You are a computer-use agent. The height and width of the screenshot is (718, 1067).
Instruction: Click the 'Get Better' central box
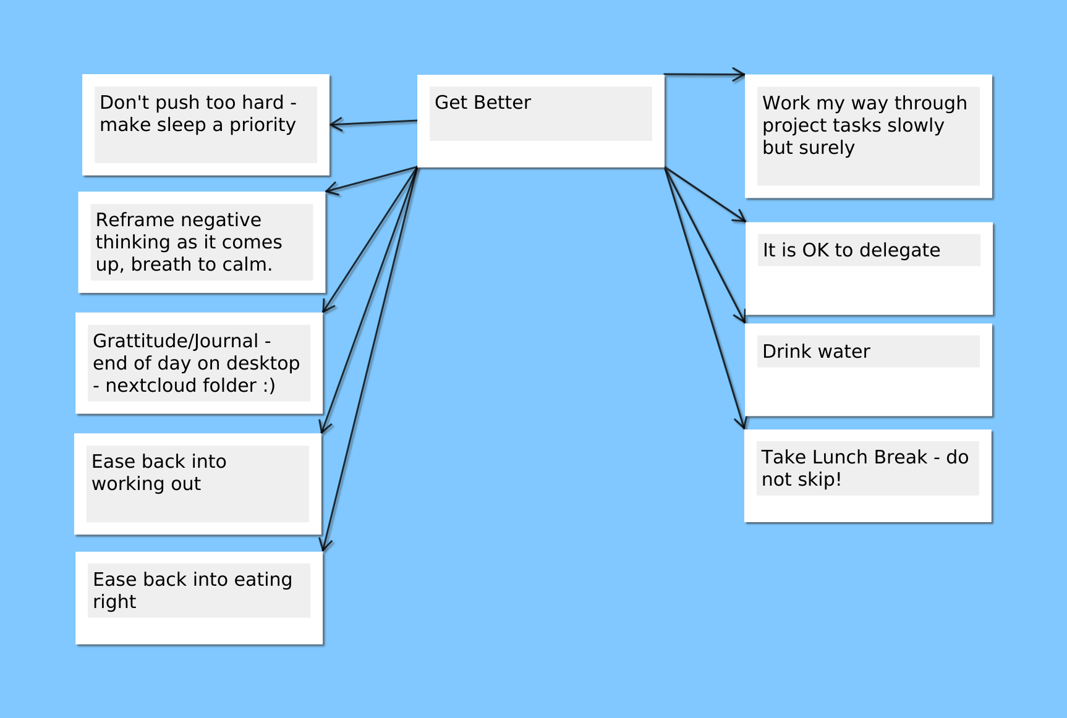pyautogui.click(x=541, y=121)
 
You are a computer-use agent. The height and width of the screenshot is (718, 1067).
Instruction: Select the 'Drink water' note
pyautogui.click(x=869, y=370)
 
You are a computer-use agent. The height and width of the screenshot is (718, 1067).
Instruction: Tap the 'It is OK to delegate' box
pyautogui.click(x=869, y=269)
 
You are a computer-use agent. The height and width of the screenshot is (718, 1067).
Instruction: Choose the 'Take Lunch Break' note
pyautogui.click(x=868, y=476)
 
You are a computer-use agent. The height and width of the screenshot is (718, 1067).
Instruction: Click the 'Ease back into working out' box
pyautogui.click(x=198, y=484)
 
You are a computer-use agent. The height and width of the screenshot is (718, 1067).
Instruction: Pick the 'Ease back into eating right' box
pyautogui.click(x=199, y=598)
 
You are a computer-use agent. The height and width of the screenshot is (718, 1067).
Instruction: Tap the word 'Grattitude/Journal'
pyautogui.click(x=176, y=341)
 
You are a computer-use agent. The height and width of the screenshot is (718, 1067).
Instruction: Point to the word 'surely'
pyautogui.click(x=825, y=148)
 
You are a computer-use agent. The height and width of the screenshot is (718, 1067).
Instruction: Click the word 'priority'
pyautogui.click(x=263, y=125)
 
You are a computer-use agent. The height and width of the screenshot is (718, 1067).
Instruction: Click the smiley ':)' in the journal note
pyautogui.click(x=269, y=386)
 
